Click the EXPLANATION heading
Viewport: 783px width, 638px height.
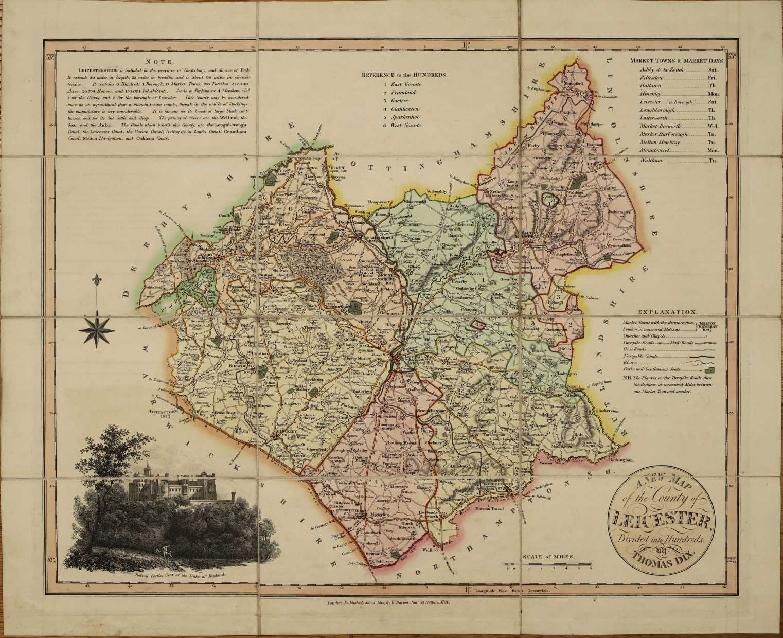[x=667, y=312]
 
